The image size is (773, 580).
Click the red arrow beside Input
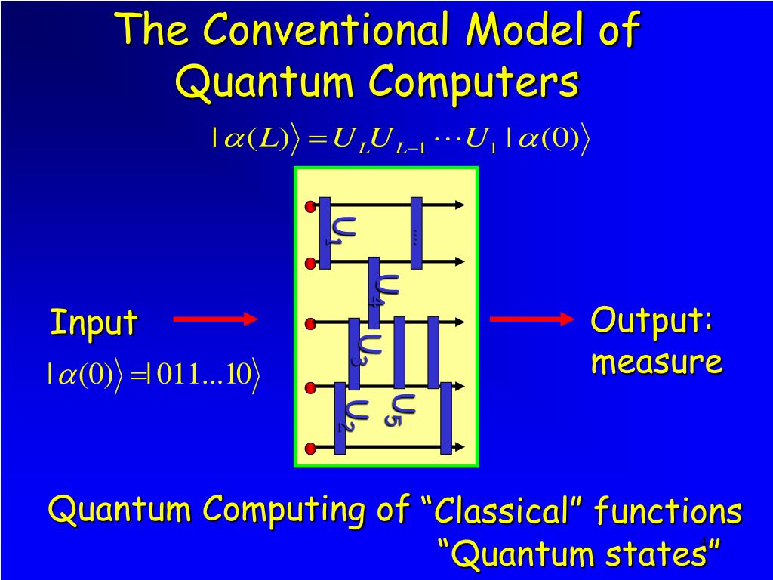(x=215, y=320)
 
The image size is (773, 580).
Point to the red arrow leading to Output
(x=532, y=319)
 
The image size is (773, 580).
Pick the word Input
(x=94, y=322)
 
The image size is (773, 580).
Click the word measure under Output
(x=656, y=362)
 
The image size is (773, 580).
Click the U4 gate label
(x=387, y=290)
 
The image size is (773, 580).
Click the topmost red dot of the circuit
(x=310, y=206)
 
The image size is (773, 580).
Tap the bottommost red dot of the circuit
(x=310, y=447)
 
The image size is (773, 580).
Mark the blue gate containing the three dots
(x=416, y=233)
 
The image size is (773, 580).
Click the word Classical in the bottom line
(x=501, y=512)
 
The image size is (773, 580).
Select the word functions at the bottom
(x=667, y=512)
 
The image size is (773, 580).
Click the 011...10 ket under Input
(x=204, y=375)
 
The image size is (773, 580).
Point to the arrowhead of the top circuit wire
(x=459, y=205)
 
